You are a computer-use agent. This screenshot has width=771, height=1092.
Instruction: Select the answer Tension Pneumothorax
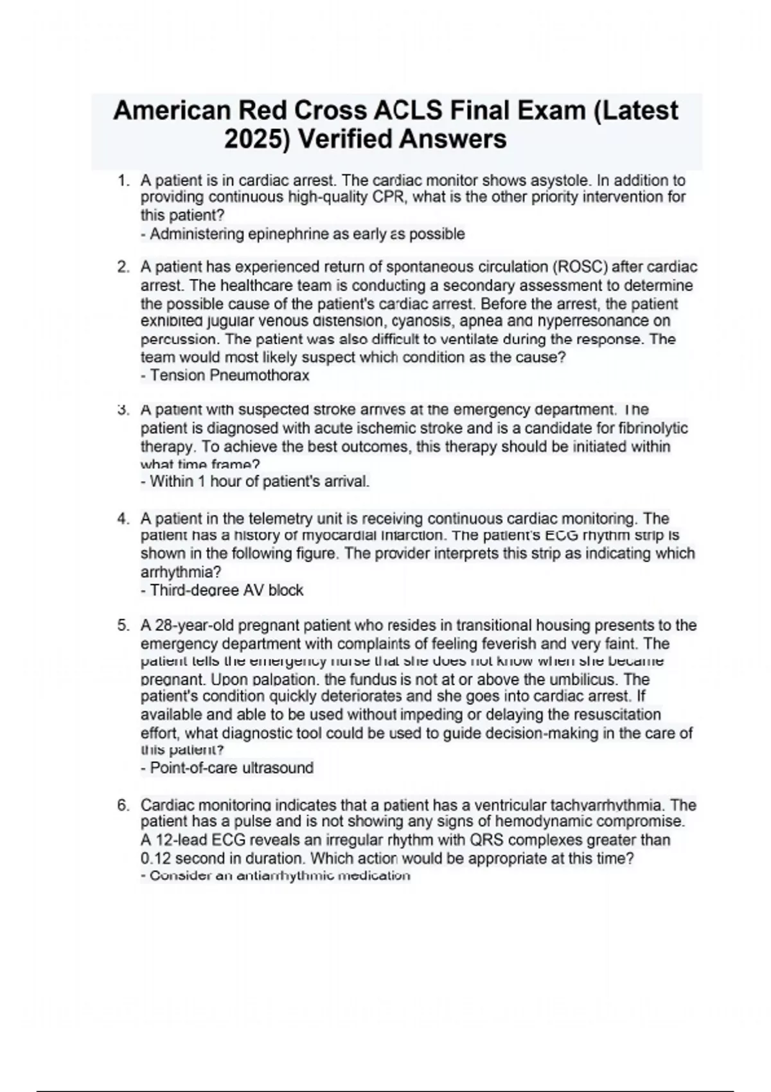(x=225, y=375)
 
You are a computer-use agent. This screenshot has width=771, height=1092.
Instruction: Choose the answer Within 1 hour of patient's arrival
(x=255, y=481)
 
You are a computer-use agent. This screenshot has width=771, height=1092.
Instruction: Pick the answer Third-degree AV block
(x=222, y=590)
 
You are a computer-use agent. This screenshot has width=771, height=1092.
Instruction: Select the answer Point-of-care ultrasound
(x=227, y=768)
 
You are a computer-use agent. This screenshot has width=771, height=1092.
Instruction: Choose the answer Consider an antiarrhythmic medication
(x=275, y=876)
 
